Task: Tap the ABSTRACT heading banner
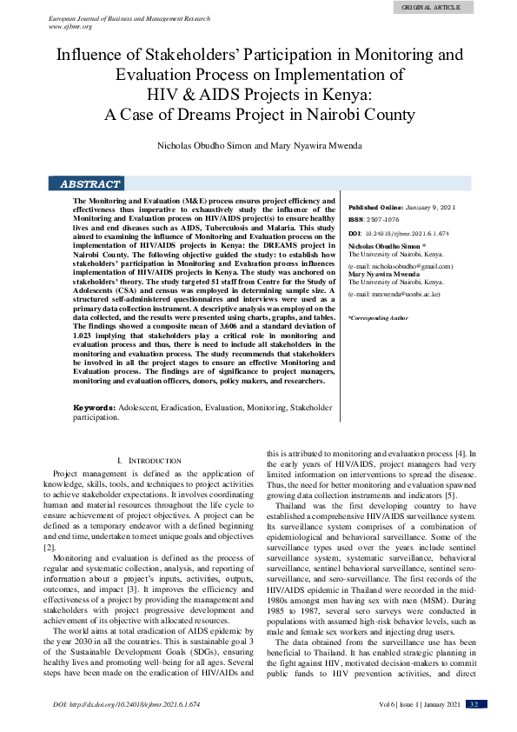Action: coord(89,184)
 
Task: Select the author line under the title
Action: coord(259,144)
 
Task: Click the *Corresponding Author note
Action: coord(378,318)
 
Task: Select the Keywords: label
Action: coord(93,407)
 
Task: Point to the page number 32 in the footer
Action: coord(474,704)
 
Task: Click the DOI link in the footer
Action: coord(126,704)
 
